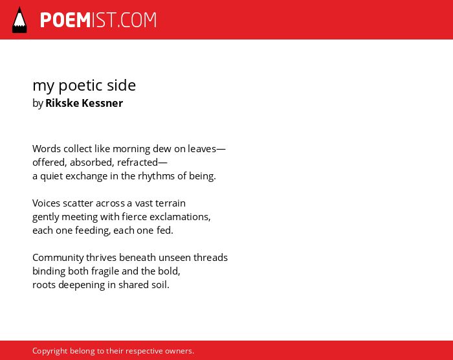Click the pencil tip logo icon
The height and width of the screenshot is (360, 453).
click(19, 19)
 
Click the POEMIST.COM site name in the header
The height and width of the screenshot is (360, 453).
click(98, 20)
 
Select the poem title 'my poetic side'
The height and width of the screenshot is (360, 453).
click(84, 85)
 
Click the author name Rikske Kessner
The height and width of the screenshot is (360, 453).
click(84, 103)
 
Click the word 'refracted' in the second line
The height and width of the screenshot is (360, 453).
click(137, 163)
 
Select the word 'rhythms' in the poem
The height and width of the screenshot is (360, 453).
click(156, 176)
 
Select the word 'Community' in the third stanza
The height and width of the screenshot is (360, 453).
click(58, 258)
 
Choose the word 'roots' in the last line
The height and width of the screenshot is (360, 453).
click(44, 285)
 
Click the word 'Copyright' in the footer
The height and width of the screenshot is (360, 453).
click(49, 351)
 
